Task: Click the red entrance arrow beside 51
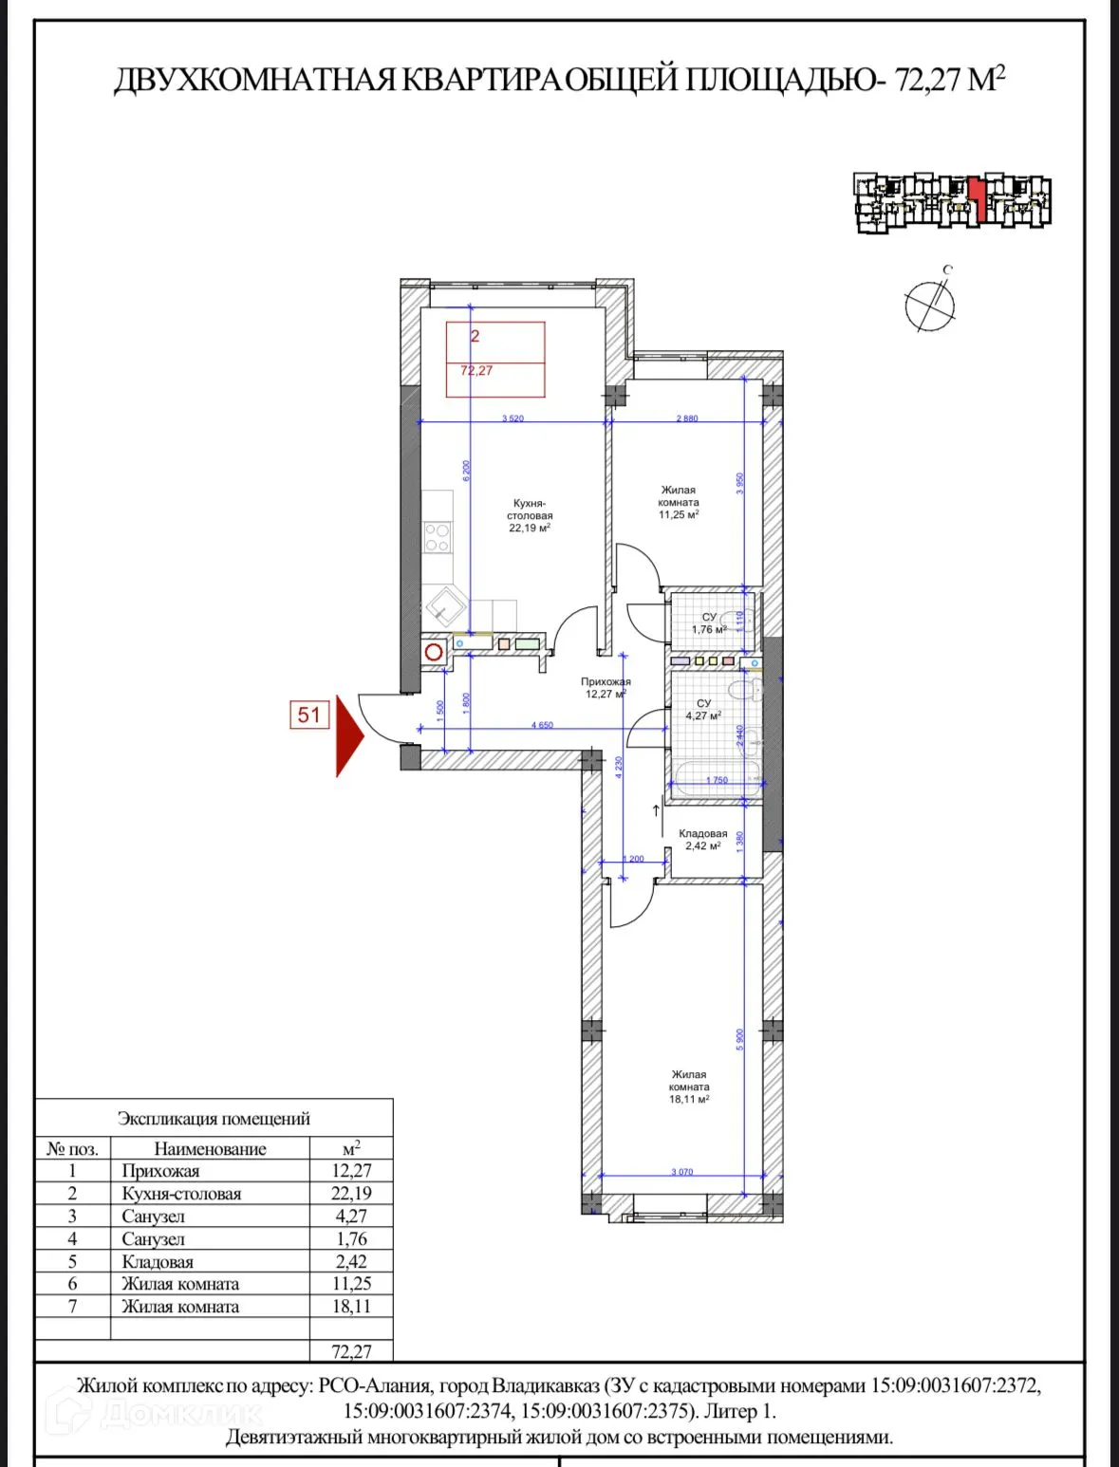click(x=349, y=735)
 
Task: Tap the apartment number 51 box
click(x=309, y=715)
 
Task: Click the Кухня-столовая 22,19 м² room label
click(x=530, y=515)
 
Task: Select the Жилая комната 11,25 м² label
click(x=679, y=502)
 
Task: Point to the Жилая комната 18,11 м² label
click(x=689, y=1086)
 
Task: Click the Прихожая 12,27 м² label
click(x=606, y=688)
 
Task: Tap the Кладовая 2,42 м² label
click(x=703, y=840)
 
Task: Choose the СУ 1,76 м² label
click(x=709, y=623)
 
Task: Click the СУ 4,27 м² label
click(x=703, y=710)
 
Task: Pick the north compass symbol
click(x=929, y=305)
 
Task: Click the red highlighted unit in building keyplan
click(x=977, y=199)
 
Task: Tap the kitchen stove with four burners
click(x=437, y=538)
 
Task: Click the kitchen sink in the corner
click(x=444, y=604)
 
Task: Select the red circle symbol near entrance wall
click(x=434, y=653)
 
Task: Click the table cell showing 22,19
click(x=351, y=1194)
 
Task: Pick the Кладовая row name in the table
click(x=158, y=1262)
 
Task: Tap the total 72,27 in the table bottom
click(x=351, y=1351)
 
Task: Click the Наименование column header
click(x=210, y=1149)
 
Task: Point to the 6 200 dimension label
click(x=466, y=472)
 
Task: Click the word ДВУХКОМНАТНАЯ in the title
click(x=254, y=80)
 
